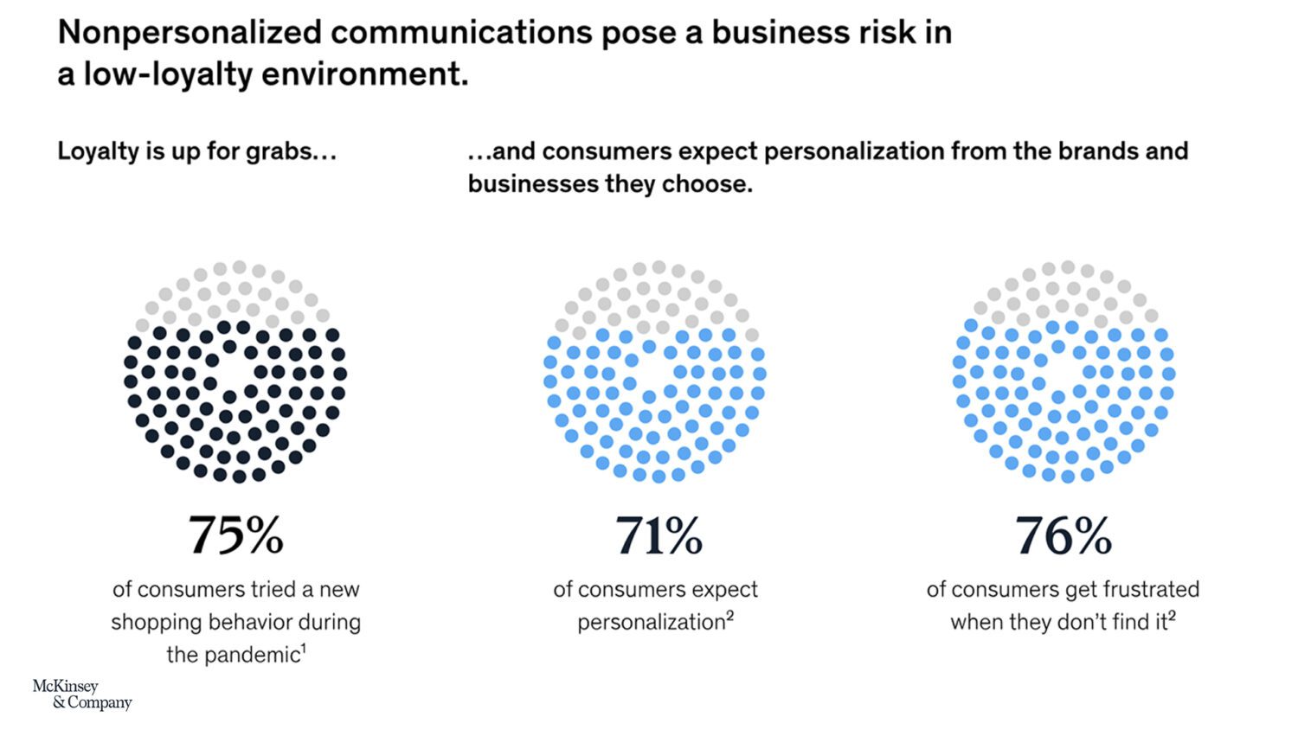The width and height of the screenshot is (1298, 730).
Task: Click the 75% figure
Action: [235, 535]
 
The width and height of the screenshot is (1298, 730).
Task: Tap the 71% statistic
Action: [659, 535]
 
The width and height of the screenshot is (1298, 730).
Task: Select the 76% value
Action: [1063, 535]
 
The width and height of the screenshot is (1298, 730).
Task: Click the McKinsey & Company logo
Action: [82, 694]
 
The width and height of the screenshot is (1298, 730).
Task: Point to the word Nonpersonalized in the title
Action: [189, 33]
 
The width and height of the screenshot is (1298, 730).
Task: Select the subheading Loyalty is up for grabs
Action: [196, 151]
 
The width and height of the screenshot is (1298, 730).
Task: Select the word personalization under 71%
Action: [651, 623]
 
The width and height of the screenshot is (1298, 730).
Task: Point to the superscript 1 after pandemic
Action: [304, 648]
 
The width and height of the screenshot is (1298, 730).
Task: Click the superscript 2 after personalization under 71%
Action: [729, 616]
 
